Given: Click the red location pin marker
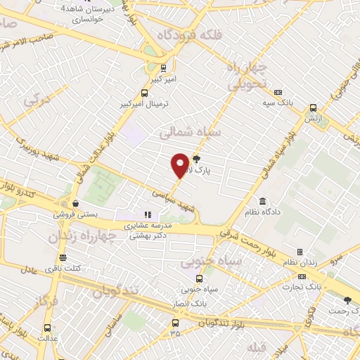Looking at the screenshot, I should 181,165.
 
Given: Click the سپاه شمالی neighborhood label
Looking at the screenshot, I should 190,131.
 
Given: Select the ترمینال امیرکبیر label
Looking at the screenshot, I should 145,103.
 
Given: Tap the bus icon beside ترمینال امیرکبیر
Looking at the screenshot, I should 145,92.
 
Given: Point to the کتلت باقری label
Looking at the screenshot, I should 65,267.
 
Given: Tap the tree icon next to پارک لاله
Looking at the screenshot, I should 196,160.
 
